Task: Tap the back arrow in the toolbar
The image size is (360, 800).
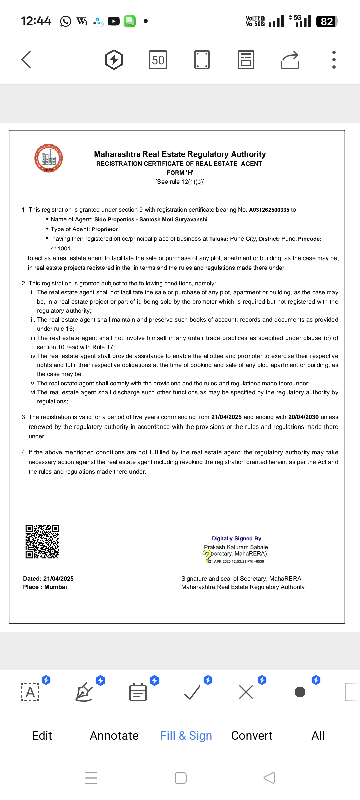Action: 26,60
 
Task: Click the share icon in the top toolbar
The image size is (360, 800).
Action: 290,60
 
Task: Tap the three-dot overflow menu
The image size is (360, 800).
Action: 334,60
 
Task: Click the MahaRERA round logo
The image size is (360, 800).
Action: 49,158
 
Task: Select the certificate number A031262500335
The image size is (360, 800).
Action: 269,210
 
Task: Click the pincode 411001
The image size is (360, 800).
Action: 60,248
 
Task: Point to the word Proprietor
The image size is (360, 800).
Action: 105,229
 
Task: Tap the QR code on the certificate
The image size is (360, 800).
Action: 42,542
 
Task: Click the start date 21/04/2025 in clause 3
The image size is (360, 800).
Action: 226,417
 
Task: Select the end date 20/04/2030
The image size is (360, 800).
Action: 303,417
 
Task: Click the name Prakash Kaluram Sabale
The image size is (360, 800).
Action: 236,547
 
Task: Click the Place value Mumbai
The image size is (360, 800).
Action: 56,587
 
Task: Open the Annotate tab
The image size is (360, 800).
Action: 114,735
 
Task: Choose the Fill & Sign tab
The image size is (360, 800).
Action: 186,735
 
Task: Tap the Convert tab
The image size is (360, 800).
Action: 252,735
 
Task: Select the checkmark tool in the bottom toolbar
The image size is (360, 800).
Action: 192,692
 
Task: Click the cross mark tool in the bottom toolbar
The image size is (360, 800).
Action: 246,692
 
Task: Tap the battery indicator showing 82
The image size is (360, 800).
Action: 327,21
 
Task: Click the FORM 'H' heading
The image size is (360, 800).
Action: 180,173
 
